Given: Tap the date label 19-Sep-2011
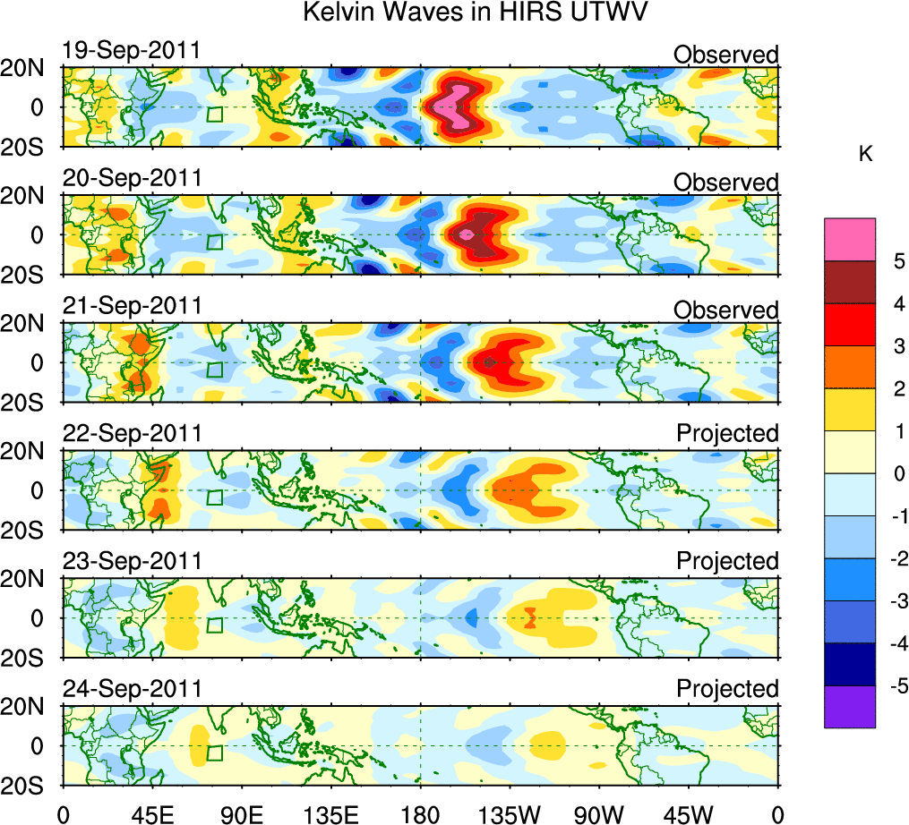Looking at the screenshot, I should coord(132,51).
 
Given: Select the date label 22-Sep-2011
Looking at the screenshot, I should coord(132,434).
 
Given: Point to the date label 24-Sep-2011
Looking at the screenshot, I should coord(132,689).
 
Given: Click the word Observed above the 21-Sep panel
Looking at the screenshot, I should coord(726,310).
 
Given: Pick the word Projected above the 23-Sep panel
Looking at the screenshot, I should coord(727,561).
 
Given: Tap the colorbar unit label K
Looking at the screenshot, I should coord(865,154).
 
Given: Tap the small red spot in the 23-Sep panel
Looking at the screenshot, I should coord(530,617).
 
